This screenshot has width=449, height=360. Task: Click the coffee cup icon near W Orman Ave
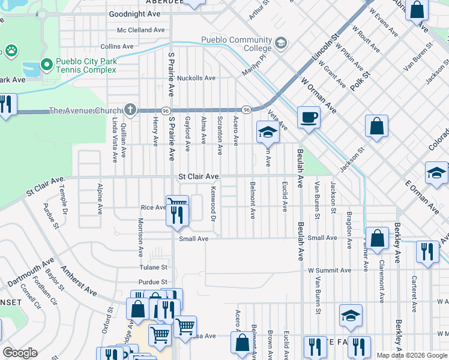click(x=309, y=117)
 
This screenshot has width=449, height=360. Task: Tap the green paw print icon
click(x=11, y=50)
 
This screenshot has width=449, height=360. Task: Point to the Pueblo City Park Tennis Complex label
click(x=86, y=65)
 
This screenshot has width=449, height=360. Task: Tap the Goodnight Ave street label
click(x=134, y=13)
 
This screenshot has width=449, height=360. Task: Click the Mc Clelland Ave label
click(x=141, y=29)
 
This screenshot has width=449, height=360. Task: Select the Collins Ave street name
click(x=117, y=46)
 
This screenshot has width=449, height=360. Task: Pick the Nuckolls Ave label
click(x=196, y=78)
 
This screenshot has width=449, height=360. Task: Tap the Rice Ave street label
click(x=152, y=208)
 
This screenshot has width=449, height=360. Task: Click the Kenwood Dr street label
click(x=214, y=203)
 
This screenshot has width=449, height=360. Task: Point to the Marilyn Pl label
click(x=255, y=64)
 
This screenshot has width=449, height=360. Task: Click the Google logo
click(x=20, y=353)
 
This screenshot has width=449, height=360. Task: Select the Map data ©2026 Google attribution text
click(x=411, y=355)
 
